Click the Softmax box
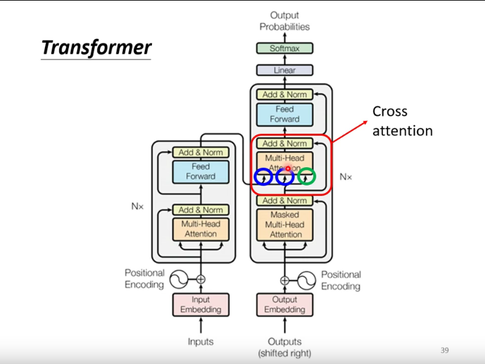(x=284, y=48)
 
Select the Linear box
(x=284, y=70)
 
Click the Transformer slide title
(x=96, y=47)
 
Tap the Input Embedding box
(x=201, y=304)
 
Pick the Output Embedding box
(x=284, y=304)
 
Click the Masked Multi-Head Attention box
(x=284, y=225)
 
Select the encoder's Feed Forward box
(x=201, y=172)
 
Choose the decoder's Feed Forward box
(x=284, y=114)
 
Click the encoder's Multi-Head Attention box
(x=201, y=229)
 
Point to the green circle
(x=307, y=177)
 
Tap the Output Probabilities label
(x=284, y=21)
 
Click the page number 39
(x=444, y=350)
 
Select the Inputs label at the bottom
(x=201, y=342)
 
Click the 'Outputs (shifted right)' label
(x=284, y=347)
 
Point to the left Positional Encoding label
(x=144, y=279)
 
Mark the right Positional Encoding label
(x=341, y=280)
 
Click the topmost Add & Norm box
(x=284, y=94)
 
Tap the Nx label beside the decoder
(x=345, y=177)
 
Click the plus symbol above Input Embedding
(x=201, y=279)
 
